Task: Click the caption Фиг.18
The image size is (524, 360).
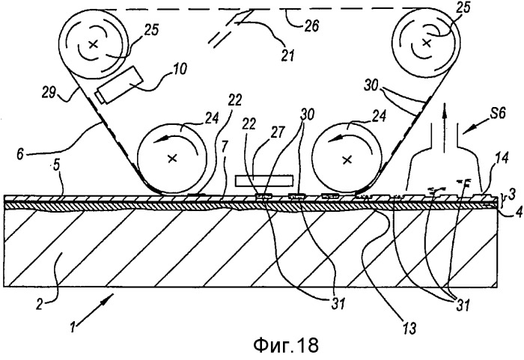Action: coord(286,344)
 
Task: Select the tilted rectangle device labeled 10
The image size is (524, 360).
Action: coord(119,85)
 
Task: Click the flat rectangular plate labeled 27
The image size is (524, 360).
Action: coord(264,180)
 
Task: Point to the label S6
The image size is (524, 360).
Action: coord(497,113)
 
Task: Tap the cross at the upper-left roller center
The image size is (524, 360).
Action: coord(94,44)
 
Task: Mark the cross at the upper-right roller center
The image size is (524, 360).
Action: coord(425,43)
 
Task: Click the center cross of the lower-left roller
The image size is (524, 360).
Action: coord(172,158)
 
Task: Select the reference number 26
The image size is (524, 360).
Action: coord(311,25)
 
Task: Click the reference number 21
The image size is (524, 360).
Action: coord(287,55)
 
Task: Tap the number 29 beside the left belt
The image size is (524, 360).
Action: coord(49,92)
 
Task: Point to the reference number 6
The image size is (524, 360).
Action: coord(21,154)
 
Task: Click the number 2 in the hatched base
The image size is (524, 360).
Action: coord(40,305)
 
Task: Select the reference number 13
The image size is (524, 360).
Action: coord(409,329)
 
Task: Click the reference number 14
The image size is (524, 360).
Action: coord(502,158)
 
